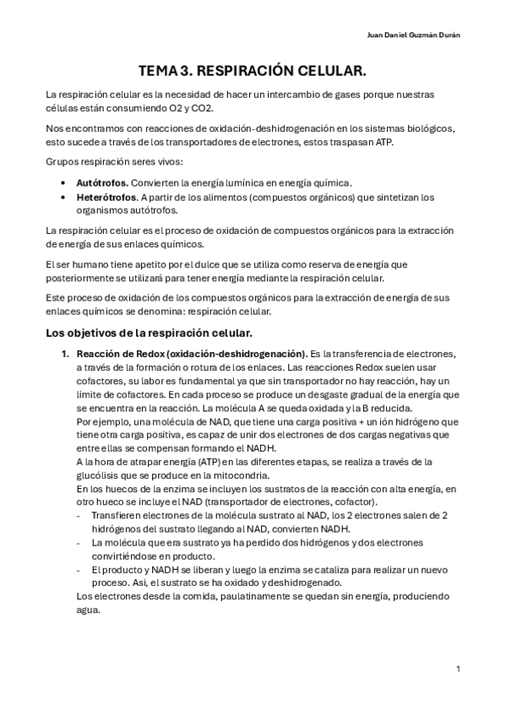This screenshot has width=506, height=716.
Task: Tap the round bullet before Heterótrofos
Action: tap(66, 197)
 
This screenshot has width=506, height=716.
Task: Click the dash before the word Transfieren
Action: tap(79, 515)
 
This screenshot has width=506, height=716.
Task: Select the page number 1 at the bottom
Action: tap(457, 669)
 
